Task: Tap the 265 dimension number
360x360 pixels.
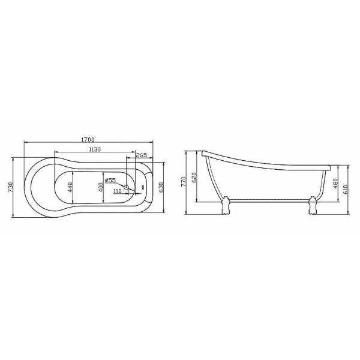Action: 142,155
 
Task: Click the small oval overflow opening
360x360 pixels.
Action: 143,187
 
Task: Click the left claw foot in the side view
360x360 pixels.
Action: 225,206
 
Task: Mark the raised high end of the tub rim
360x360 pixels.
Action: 205,152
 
